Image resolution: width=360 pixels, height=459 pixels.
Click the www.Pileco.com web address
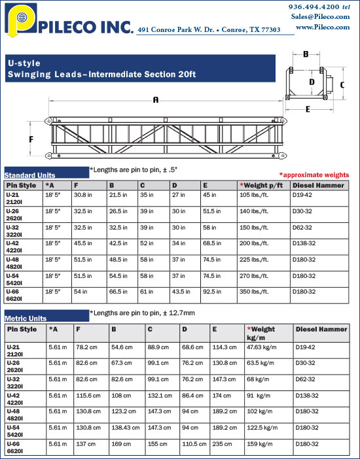[x=323, y=27]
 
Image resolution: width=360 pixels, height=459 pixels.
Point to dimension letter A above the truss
[x=156, y=100]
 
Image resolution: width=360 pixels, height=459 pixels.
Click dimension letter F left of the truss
[x=31, y=139]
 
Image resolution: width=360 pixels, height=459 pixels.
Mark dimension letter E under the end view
[x=308, y=109]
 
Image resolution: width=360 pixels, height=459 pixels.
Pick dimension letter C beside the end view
[x=342, y=84]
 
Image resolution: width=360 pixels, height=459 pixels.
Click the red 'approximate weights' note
[x=314, y=175]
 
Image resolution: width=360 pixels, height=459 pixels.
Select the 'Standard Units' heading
[x=29, y=175]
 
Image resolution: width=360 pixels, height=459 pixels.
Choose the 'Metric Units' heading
[x=27, y=318]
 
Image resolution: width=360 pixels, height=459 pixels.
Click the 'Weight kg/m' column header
[x=262, y=333]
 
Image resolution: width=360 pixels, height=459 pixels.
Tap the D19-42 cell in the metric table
[x=306, y=347]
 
